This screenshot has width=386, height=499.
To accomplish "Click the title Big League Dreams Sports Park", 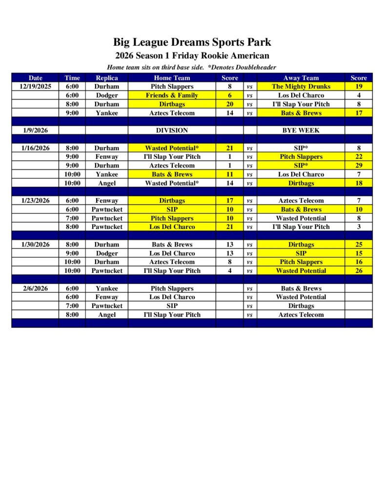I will coord(192,42).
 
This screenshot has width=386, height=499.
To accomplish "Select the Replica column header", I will coord(106,77).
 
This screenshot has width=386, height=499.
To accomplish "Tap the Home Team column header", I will coord(172,77).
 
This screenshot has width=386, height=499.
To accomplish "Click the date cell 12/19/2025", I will coord(35,86).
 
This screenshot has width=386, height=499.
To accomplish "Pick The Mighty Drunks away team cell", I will coord(301,86).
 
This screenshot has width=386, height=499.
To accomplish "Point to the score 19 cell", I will coord(359,86).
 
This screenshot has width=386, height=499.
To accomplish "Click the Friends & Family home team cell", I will coord(172,96).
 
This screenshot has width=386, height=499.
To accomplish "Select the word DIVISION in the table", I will coord(172,131).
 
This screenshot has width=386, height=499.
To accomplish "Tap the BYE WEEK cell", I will coord(301,131).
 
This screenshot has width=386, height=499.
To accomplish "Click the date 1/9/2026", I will coord(35,131).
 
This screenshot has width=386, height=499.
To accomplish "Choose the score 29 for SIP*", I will coord(359,166).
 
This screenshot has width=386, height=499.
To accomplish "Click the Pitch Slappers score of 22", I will coord(359,157).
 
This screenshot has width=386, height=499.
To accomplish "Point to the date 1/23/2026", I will coord(35,201).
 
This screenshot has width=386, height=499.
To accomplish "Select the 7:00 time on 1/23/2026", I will coord(72,218).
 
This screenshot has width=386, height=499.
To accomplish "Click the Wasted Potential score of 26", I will coord(359,271).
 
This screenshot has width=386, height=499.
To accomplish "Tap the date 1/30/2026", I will coord(35,245).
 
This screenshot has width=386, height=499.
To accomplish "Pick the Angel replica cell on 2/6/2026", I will coord(106,315).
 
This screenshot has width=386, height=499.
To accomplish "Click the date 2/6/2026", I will coord(35,288).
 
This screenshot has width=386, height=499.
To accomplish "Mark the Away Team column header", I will coord(301,77).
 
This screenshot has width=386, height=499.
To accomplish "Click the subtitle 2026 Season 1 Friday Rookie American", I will coord(192,56).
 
